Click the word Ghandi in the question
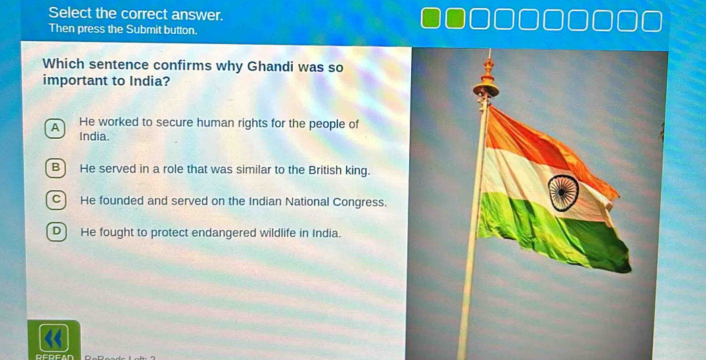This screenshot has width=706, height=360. point(272,66)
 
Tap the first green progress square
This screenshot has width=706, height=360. point(431,20)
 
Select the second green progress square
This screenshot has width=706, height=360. point(455,20)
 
